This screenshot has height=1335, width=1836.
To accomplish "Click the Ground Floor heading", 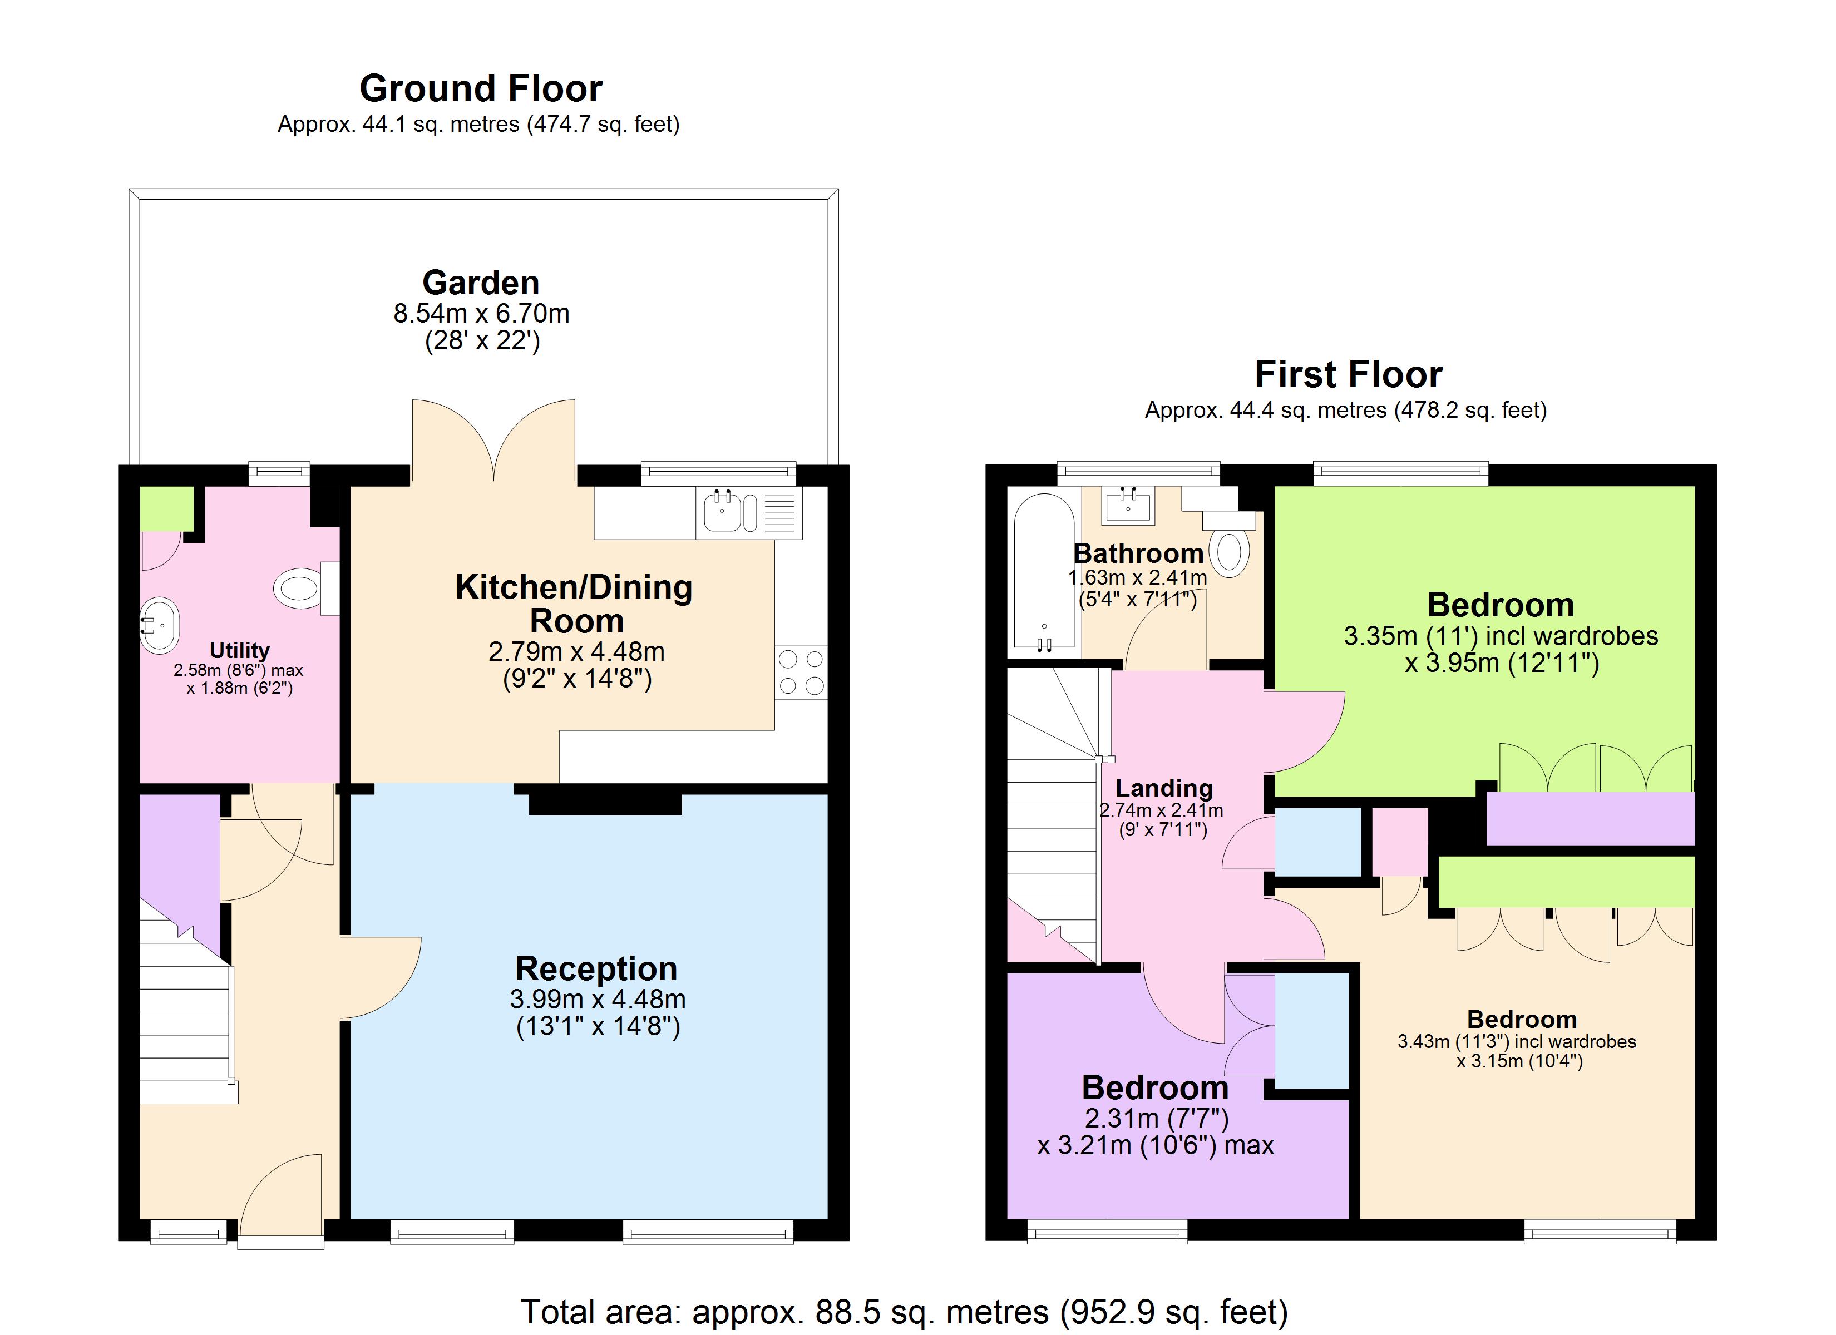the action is (481, 88).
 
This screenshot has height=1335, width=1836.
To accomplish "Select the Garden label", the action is (481, 283).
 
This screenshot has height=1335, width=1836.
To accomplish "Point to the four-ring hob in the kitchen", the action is (801, 672).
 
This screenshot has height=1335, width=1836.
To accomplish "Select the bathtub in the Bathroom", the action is (1044, 572).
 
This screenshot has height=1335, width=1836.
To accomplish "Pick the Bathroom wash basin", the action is (1128, 505).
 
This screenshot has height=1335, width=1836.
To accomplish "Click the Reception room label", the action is (596, 969).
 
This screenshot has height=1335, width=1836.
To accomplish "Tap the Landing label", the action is (1164, 788).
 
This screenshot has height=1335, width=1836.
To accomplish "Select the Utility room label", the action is (240, 650).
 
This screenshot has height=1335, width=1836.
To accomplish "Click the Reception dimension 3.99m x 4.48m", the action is (598, 999).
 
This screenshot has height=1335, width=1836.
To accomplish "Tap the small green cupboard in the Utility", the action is (167, 508).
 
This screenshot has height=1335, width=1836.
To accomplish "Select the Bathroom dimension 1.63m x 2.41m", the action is (1137, 578).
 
